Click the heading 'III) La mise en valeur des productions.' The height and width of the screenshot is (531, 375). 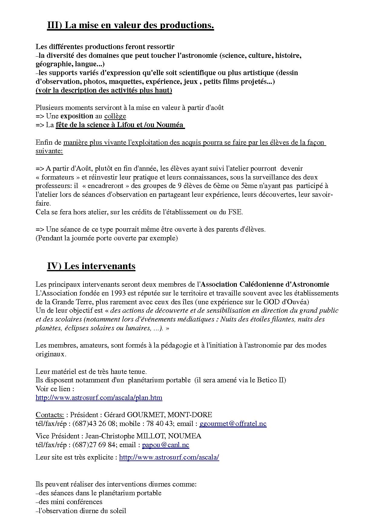tap(130, 25)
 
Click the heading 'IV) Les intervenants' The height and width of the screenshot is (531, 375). tap(91, 266)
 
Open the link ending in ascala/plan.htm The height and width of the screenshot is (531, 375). tap(99, 397)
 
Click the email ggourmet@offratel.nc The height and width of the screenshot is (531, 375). tap(233, 424)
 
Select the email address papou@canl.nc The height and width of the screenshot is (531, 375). tap(165, 445)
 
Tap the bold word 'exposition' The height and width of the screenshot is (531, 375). tap(77, 116)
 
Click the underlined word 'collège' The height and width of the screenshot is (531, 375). tap(115, 116)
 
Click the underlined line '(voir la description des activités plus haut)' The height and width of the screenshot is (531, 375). tap(104, 90)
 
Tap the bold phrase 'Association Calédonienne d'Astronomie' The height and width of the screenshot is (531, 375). tap(265, 284)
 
